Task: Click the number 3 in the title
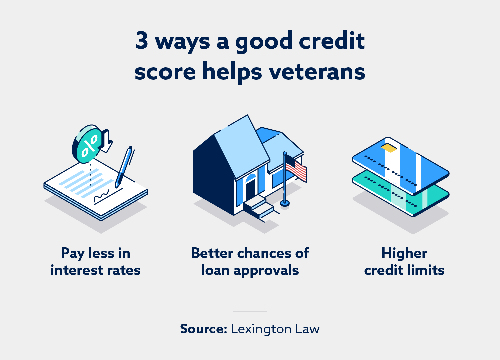click(142, 40)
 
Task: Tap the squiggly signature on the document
click(101, 196)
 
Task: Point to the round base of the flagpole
click(285, 202)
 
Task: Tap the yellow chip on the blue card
click(389, 147)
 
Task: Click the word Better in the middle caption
click(212, 253)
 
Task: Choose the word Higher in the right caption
click(404, 253)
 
